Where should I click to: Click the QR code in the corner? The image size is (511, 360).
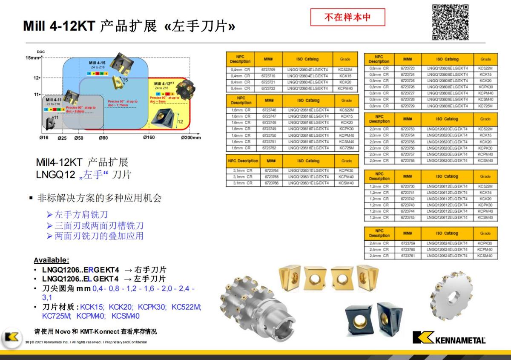pos(450,22)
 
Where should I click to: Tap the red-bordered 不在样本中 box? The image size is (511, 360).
pos(347,17)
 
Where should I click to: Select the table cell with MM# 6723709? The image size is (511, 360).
pos(268,69)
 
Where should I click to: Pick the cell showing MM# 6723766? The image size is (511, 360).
pos(271,183)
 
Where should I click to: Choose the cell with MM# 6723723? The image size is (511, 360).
pos(407,68)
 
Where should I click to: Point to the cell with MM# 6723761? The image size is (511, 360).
pos(407,256)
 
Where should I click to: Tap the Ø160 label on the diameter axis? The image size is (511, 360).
pos(149,138)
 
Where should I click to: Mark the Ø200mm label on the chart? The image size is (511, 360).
pos(190,138)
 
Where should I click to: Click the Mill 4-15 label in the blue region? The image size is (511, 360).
pos(97,63)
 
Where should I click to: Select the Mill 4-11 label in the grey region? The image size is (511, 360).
pos(54,100)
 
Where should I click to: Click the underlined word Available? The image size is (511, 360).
pos(51,260)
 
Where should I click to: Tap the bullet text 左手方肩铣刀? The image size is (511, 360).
pos(81,215)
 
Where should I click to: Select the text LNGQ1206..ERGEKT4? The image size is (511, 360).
pos(80,270)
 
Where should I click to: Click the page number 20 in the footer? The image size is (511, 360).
pos(27,342)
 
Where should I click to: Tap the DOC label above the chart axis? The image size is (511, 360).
pos(41,52)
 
